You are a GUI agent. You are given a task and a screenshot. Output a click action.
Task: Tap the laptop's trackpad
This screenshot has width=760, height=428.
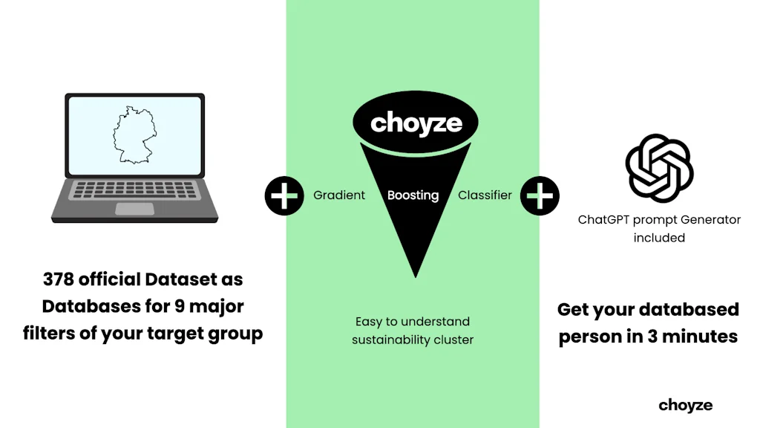[134, 209]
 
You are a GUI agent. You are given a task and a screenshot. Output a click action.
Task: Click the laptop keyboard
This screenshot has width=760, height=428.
[134, 190]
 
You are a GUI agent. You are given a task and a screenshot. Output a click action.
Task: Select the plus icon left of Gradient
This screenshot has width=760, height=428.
[284, 195]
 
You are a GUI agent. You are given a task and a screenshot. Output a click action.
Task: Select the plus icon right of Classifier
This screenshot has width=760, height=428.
[540, 195]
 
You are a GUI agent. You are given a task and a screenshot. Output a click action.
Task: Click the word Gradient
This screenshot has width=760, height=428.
[339, 195]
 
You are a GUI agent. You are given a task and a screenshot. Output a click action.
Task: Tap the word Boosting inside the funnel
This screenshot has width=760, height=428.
[413, 195]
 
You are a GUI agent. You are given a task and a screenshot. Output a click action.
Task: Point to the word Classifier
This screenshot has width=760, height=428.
[485, 195]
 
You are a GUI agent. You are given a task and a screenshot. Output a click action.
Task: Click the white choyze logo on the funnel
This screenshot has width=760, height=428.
[416, 123]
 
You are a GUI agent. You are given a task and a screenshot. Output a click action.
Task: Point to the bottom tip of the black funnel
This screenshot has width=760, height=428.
[416, 275]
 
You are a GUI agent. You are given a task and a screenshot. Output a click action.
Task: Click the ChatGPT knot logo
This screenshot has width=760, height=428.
[659, 169]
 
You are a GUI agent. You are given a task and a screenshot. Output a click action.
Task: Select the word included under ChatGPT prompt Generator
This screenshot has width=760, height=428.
[659, 238]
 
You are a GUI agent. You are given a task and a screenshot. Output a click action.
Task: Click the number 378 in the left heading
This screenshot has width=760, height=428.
[59, 280]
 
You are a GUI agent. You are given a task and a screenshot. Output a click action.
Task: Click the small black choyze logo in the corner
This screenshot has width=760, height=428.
[685, 405]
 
